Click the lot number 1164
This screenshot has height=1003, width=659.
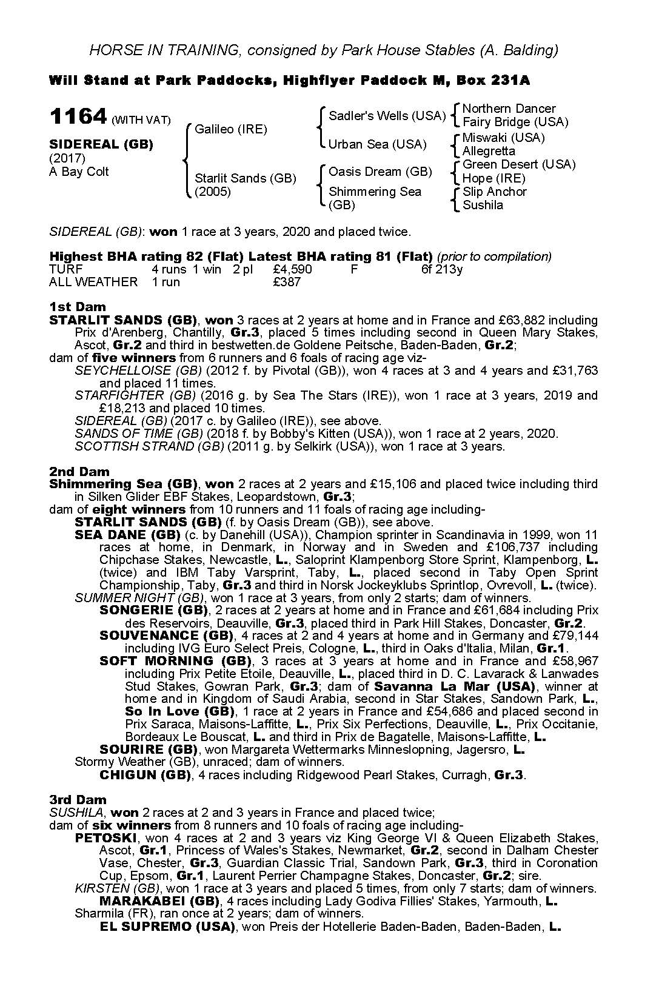(78, 116)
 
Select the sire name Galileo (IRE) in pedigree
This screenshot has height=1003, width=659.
(230, 129)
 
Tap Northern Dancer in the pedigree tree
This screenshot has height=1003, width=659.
(509, 109)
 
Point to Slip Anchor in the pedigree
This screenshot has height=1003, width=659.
(495, 192)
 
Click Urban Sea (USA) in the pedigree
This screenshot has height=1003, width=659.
(377, 144)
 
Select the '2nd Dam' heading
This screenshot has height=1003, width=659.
(79, 472)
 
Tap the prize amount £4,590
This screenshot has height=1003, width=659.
(292, 269)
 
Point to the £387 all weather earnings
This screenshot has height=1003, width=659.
(287, 282)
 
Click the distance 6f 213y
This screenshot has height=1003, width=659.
(441, 269)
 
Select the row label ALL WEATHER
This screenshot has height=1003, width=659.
(93, 282)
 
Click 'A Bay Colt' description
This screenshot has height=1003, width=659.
(79, 172)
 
